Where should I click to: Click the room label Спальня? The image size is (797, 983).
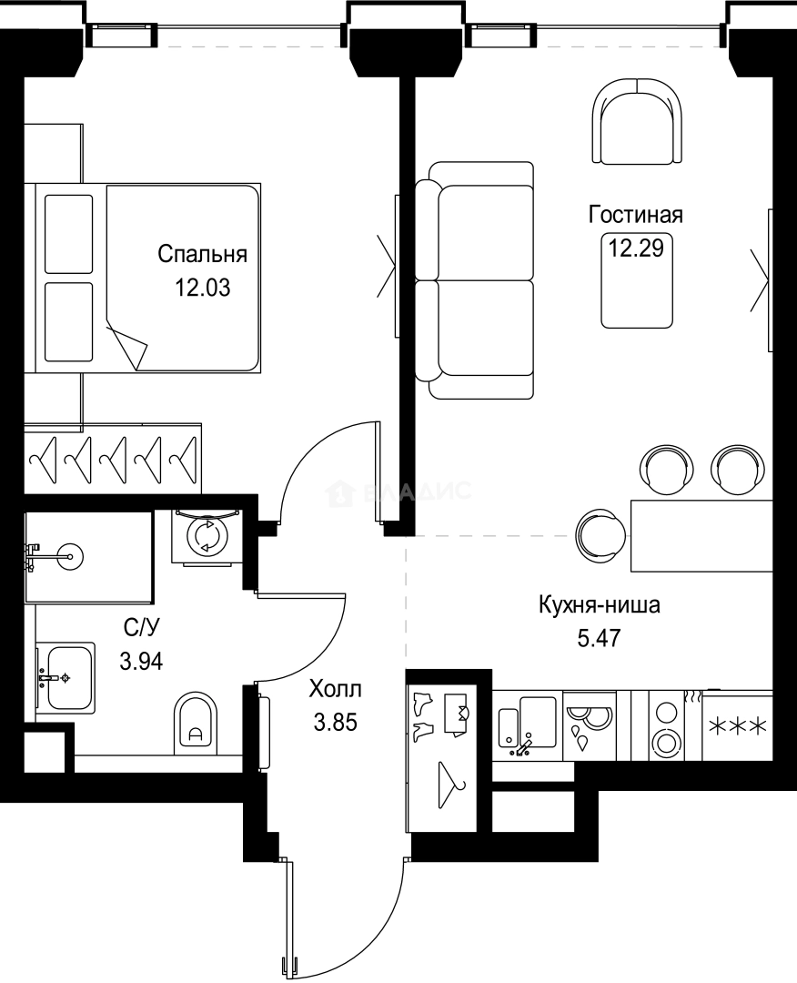(202, 254)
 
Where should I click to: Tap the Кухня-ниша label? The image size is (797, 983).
(599, 604)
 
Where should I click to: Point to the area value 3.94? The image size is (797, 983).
(141, 662)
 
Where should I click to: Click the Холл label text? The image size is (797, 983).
(335, 688)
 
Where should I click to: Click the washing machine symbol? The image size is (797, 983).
(207, 536)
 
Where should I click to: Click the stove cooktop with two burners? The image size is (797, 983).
(667, 725)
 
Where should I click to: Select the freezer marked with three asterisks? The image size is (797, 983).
(738, 726)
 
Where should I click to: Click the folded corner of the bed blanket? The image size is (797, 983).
(126, 345)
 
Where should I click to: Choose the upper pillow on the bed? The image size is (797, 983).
(69, 233)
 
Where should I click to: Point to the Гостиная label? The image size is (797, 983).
(635, 216)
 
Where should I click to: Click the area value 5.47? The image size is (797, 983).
(599, 637)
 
